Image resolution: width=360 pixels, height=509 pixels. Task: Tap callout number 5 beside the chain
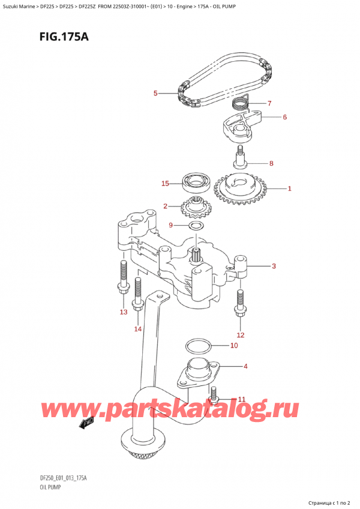coord(155,93)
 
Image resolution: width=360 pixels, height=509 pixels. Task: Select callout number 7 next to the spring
coord(269,103)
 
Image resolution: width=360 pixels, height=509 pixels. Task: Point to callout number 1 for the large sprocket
coord(289,188)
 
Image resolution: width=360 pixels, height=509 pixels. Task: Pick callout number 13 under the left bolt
coord(124,312)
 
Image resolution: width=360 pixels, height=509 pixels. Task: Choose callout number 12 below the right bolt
coord(241,335)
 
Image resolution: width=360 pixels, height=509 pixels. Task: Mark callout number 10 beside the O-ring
coord(234,346)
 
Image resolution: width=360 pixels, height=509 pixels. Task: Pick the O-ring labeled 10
coord(197,346)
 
